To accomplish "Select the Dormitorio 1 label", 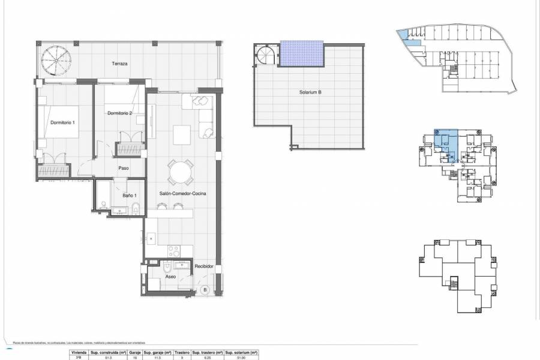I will [63, 123].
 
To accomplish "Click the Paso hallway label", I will [124, 168].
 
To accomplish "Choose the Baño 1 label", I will [129, 196].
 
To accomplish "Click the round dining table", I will [180, 173].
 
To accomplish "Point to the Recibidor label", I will [204, 265].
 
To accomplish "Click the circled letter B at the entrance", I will [205, 290].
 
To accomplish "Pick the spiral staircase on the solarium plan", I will [266, 58].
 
